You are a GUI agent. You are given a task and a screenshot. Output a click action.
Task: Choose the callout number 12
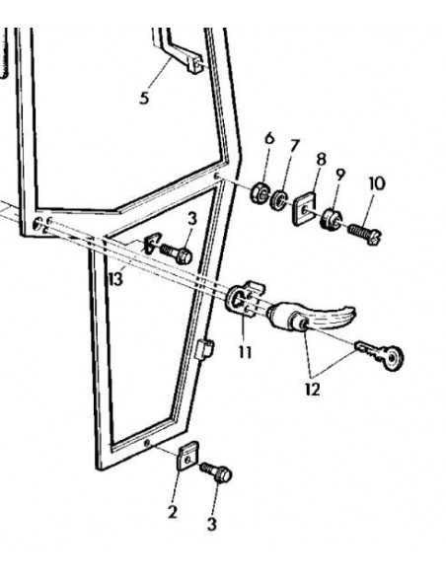coord(313,389)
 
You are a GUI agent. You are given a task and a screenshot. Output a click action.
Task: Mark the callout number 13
coord(116,279)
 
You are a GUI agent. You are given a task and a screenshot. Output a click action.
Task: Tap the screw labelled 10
coord(365,233)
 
